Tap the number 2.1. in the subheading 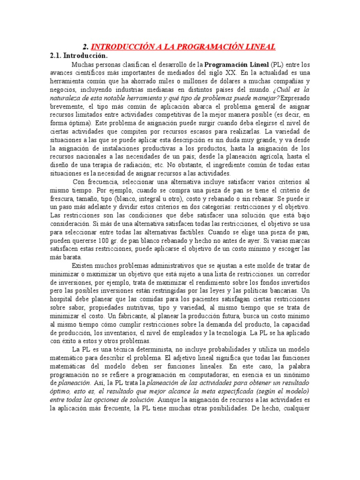pos(57,55)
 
